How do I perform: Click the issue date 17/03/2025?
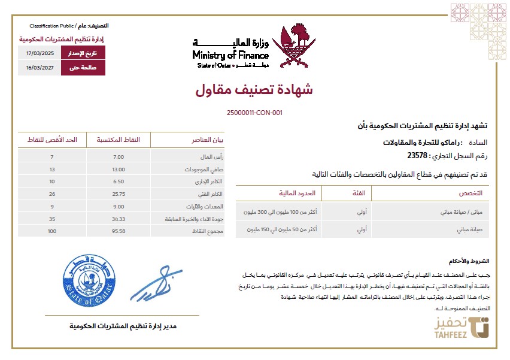[x=40, y=54]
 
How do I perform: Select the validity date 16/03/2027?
[x=40, y=68]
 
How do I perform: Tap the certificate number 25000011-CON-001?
[x=254, y=113]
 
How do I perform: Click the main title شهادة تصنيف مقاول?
[x=254, y=90]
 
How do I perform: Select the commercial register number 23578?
[x=417, y=156]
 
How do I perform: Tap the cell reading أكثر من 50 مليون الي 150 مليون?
[x=279, y=229]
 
